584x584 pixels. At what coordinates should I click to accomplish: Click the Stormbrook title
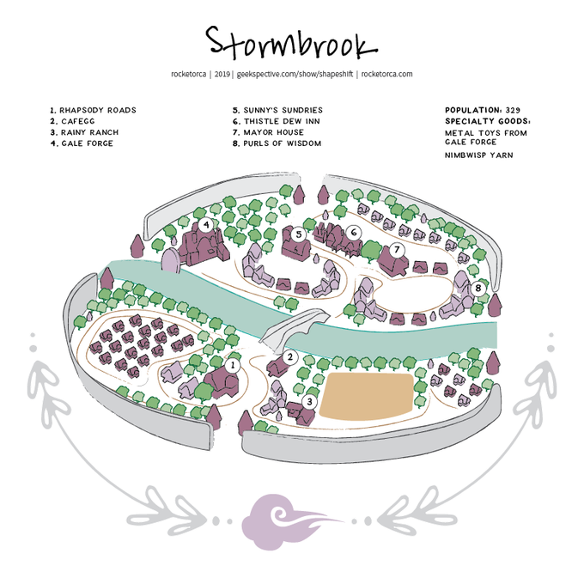[291, 41]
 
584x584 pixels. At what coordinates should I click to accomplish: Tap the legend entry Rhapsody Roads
[93, 111]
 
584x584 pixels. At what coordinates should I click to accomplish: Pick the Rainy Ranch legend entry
[84, 133]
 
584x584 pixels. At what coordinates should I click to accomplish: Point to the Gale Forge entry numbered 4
[82, 143]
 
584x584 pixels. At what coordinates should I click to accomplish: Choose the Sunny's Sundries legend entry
[277, 111]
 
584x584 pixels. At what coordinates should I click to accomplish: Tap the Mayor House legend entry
[268, 133]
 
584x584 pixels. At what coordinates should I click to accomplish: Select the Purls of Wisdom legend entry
[277, 143]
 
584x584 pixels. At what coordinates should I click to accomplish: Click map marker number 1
[232, 364]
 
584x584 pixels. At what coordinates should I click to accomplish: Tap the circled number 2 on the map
[290, 357]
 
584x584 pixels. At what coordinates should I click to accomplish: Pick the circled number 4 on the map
[206, 225]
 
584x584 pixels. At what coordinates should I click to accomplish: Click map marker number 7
[397, 249]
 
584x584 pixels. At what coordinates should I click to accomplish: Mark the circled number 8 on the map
[478, 288]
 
